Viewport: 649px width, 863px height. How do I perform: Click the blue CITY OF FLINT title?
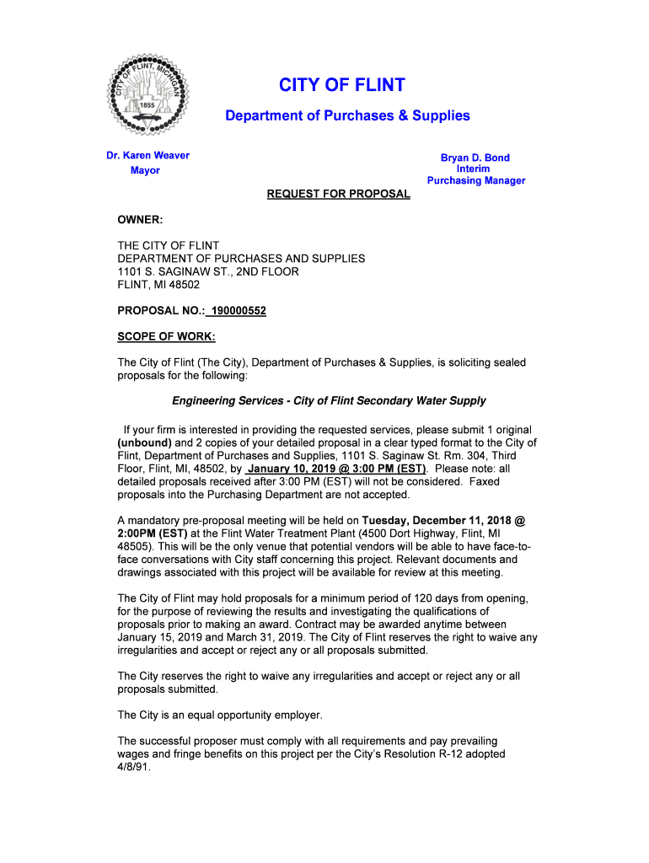coord(341,85)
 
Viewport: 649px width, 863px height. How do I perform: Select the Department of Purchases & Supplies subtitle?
coord(347,115)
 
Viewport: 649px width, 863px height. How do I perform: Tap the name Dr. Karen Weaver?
coord(147,155)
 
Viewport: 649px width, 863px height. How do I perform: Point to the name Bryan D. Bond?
coord(475,158)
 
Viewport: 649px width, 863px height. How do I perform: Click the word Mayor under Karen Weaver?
coord(145,170)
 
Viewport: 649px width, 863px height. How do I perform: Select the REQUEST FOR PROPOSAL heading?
coord(338,195)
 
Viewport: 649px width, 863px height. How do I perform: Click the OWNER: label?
coord(139,221)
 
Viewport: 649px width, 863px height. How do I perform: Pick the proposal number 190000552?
coord(239,311)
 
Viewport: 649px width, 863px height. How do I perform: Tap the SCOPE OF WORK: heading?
coord(166,337)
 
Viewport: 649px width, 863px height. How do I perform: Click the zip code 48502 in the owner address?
coord(184,286)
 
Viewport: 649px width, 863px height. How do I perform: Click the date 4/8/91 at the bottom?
coord(133,768)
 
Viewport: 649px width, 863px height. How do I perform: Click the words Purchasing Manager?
coord(475,181)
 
